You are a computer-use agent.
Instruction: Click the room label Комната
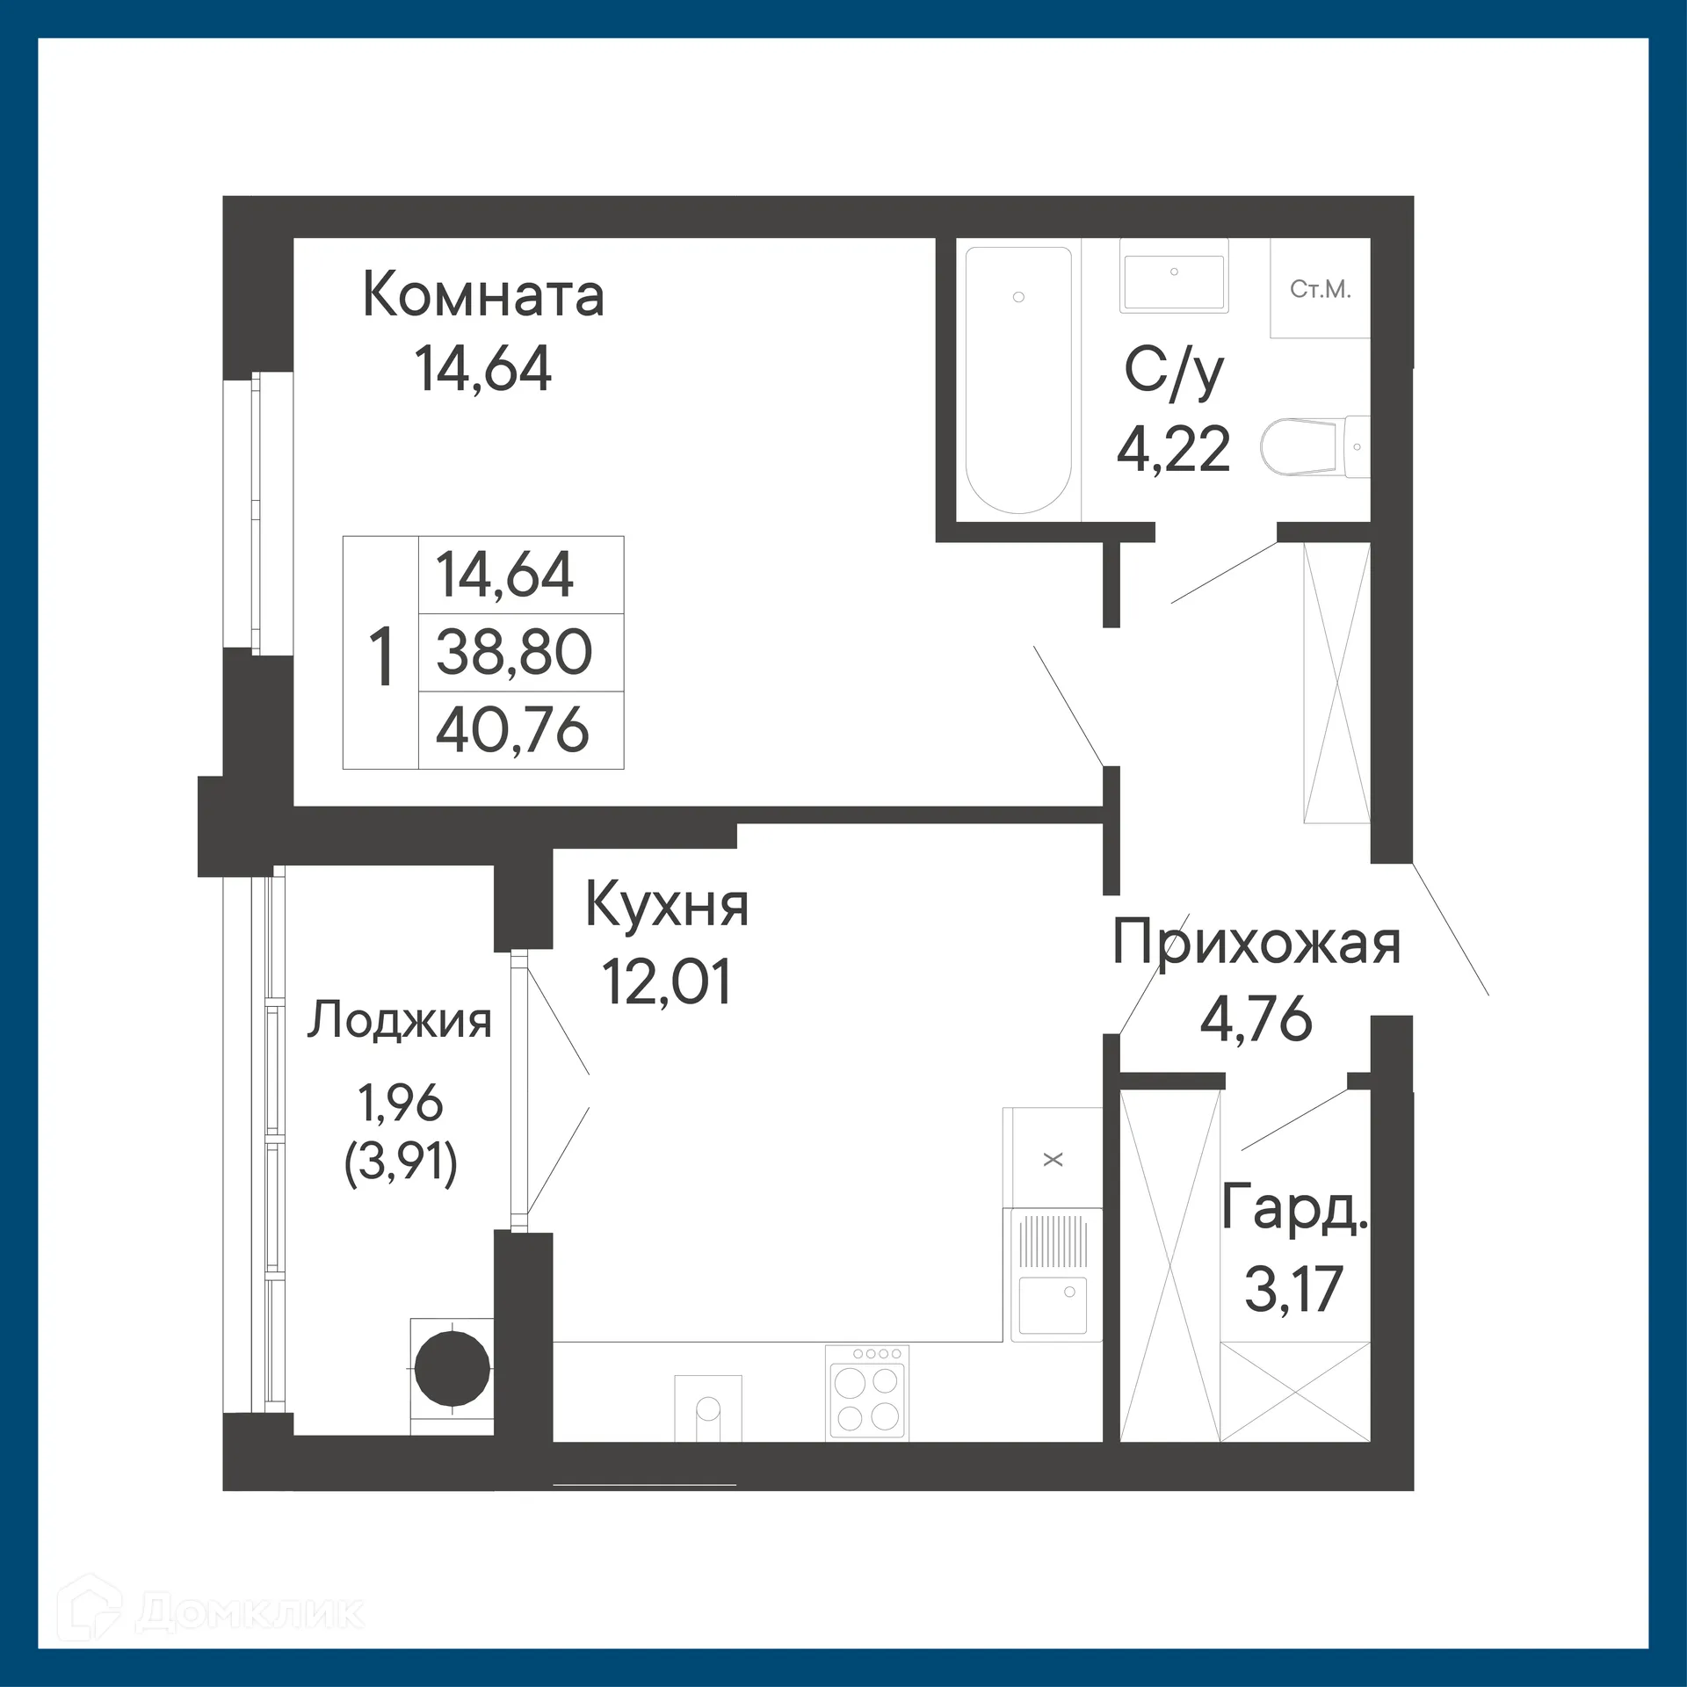pyautogui.click(x=483, y=296)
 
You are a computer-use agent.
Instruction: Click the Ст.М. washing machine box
pyautogui.click(x=1320, y=289)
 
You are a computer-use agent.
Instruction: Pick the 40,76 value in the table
pyautogui.click(x=512, y=730)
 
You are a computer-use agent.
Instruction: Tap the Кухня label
pyautogui.click(x=667, y=906)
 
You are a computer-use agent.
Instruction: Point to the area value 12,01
pyautogui.click(x=667, y=982)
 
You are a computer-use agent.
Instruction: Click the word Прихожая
pyautogui.click(x=1256, y=943)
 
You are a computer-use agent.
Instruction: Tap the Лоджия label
pyautogui.click(x=399, y=1022)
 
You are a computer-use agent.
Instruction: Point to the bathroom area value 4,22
pyautogui.click(x=1174, y=449)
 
